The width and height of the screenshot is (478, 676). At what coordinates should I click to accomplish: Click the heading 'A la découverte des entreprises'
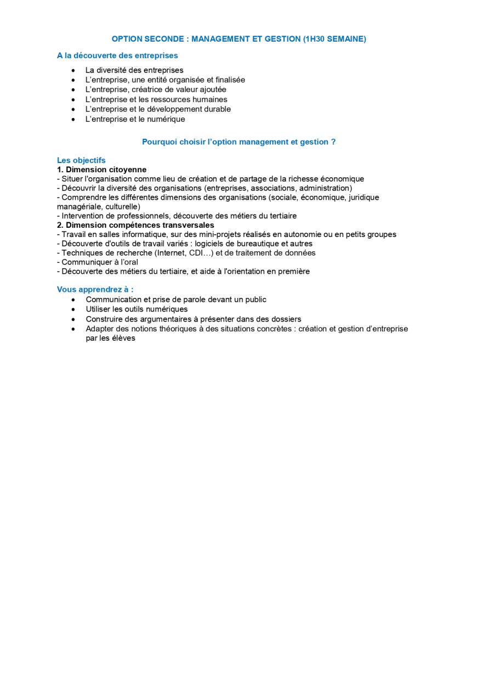(117, 55)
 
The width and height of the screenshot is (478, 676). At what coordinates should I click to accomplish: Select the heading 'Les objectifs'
(81, 160)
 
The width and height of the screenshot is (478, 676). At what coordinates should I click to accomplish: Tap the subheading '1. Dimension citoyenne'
(101, 170)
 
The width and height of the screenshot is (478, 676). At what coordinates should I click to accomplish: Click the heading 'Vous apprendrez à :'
(95, 289)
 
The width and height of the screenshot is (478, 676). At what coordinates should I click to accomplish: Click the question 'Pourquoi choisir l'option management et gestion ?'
(238, 142)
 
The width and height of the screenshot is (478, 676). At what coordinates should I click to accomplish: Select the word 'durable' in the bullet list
(217, 109)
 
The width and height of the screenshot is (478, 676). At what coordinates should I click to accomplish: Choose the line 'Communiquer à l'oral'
(98, 262)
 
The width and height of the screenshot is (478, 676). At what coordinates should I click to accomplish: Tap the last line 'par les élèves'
(110, 339)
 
